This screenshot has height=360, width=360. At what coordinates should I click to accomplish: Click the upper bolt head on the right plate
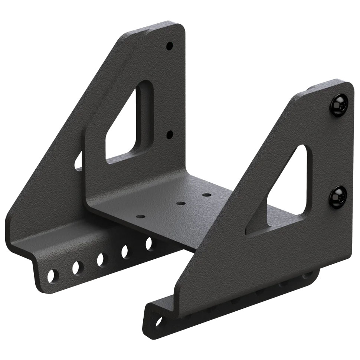click(339, 106)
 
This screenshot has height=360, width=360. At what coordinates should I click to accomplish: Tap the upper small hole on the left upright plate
click(169, 46)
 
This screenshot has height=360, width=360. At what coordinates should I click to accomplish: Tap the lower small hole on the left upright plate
click(169, 134)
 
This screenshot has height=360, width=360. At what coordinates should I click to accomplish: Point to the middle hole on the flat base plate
click(181, 204)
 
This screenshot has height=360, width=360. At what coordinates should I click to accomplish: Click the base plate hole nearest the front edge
click(140, 216)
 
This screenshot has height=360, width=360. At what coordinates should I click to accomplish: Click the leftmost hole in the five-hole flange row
click(53, 275)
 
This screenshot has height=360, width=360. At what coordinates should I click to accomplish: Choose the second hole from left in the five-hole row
click(77, 267)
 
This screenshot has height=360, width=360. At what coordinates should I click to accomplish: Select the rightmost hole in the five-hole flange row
click(149, 243)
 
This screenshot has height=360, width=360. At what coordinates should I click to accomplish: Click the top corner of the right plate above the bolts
click(343, 84)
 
